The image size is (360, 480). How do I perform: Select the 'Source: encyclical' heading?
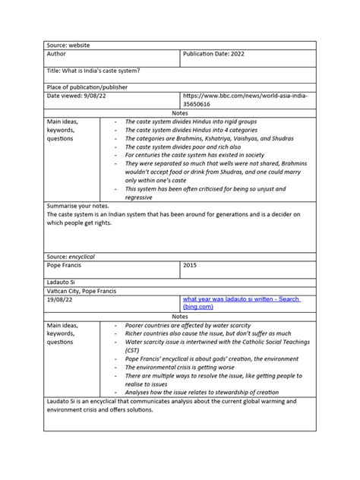click(75, 258)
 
